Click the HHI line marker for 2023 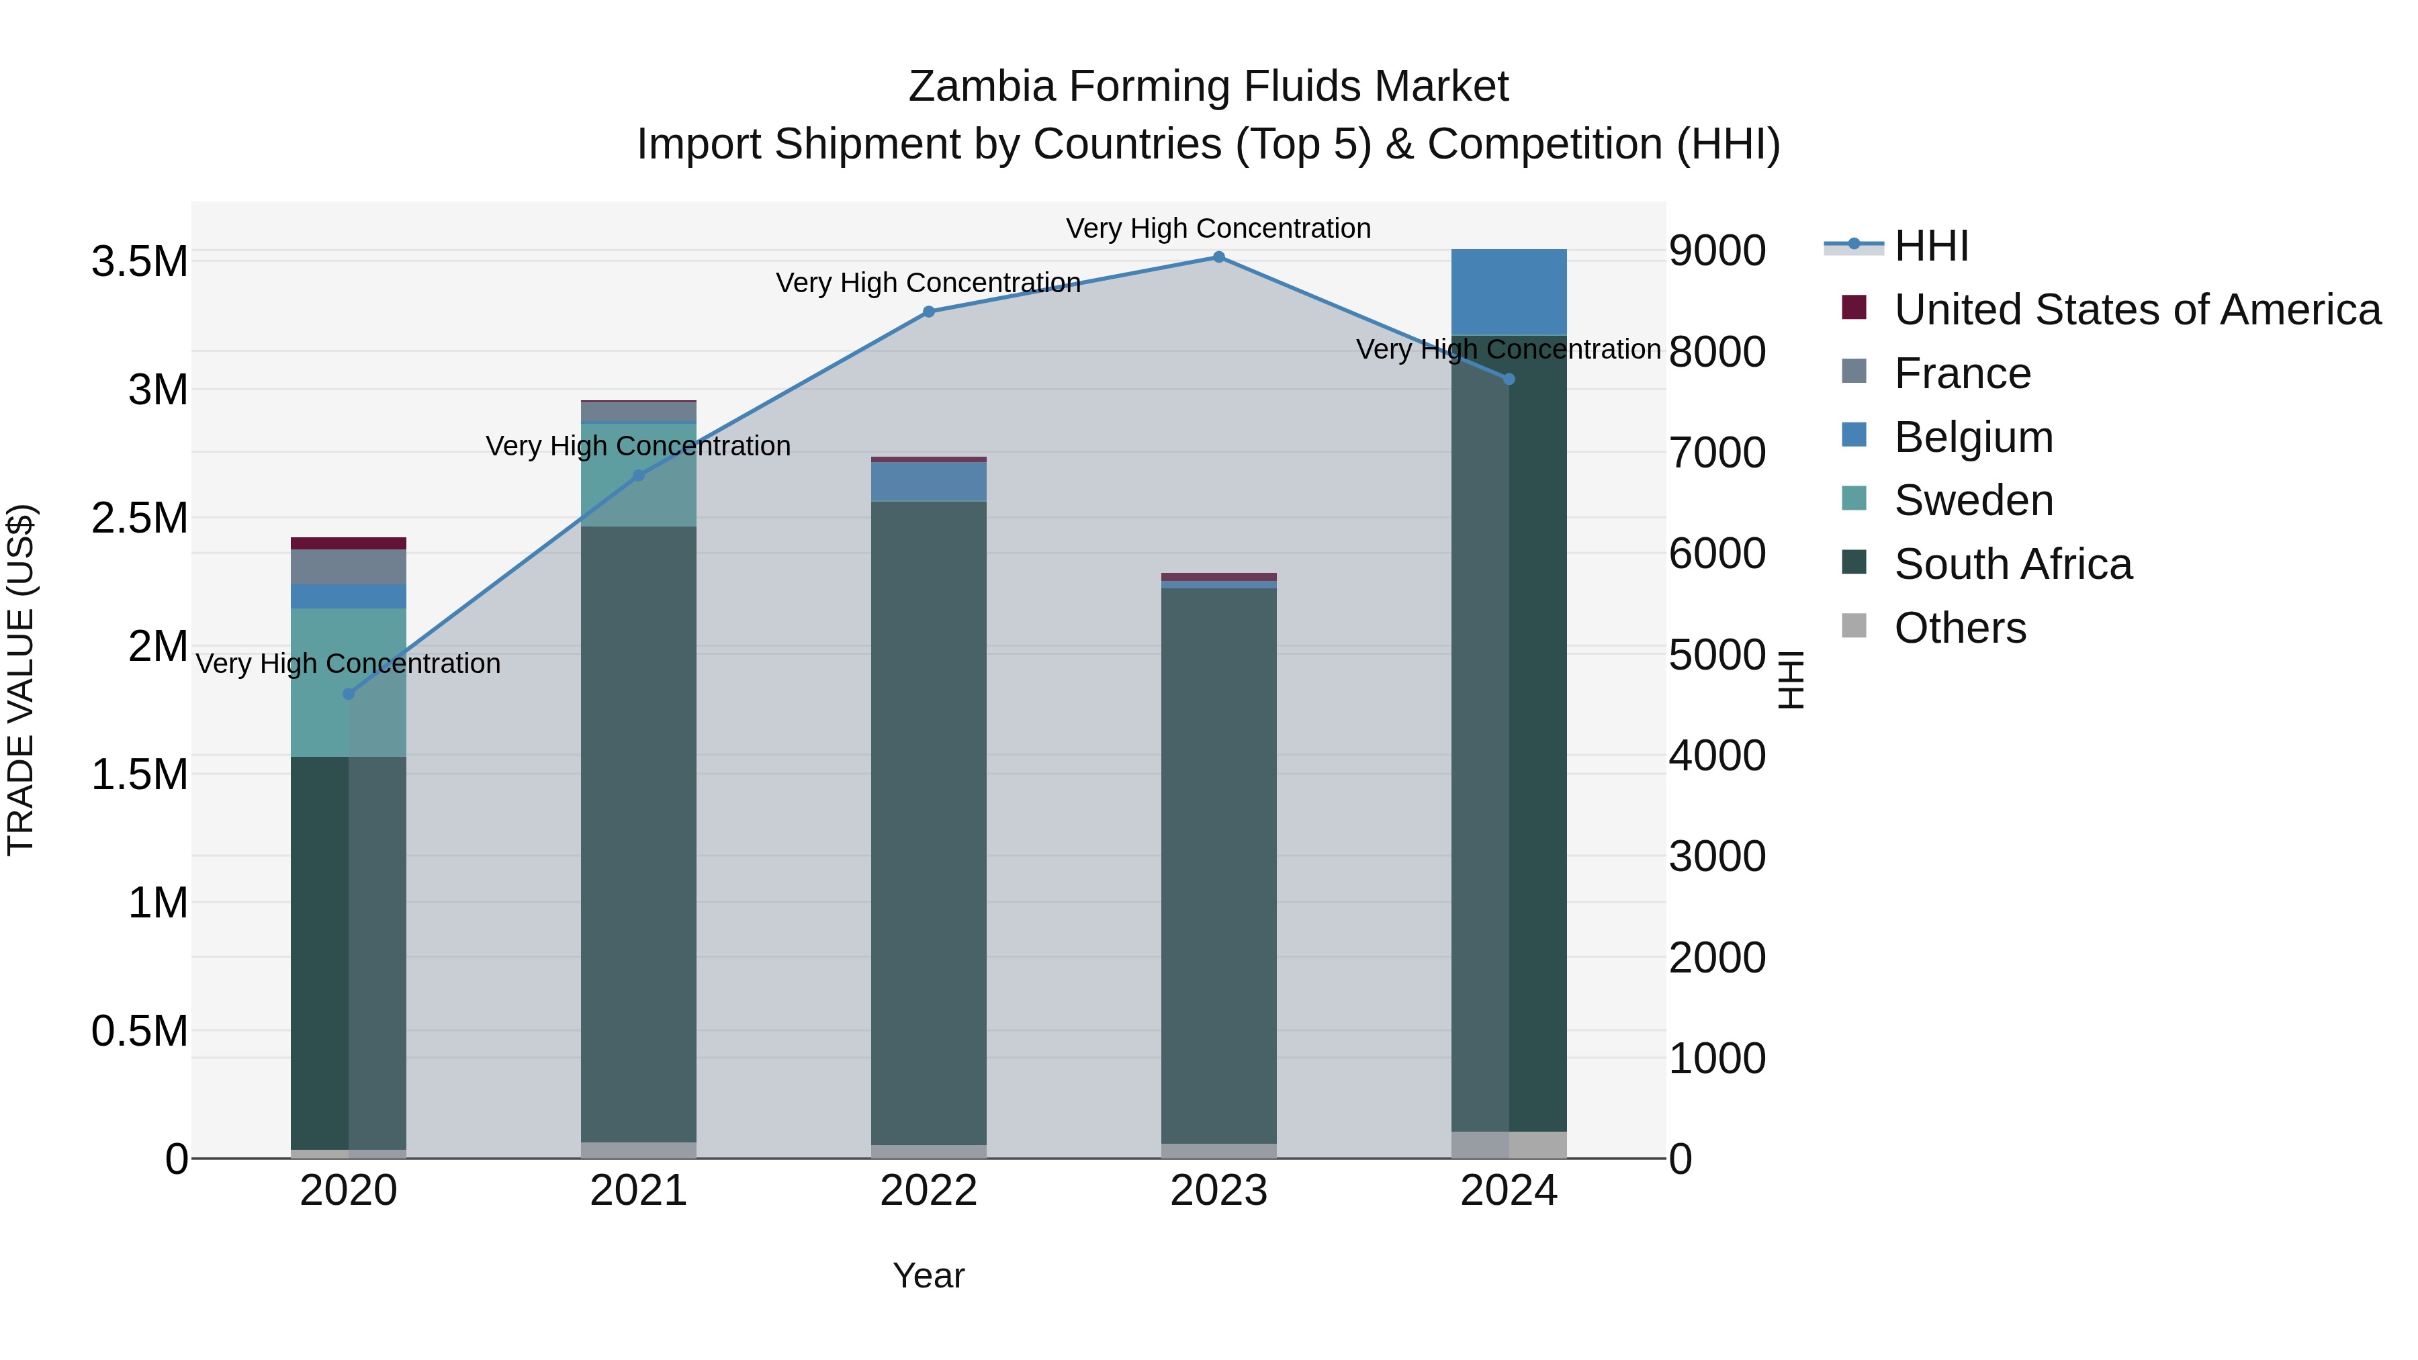coord(1218,257)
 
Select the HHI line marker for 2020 coord(348,694)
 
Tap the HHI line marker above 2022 coord(928,312)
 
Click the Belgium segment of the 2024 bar coord(1509,292)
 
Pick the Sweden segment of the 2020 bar coord(348,682)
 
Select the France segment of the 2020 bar coord(348,567)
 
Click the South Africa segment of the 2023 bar coord(1218,864)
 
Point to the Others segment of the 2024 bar coord(1509,1144)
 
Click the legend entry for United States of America coord(2137,310)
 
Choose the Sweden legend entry coord(1973,500)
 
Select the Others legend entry coord(1959,628)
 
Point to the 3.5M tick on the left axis coord(140,262)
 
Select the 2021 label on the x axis coord(638,1191)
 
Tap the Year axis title coord(928,1275)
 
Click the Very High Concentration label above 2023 coord(1218,228)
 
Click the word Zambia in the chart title coord(981,87)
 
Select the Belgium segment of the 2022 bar coord(928,481)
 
